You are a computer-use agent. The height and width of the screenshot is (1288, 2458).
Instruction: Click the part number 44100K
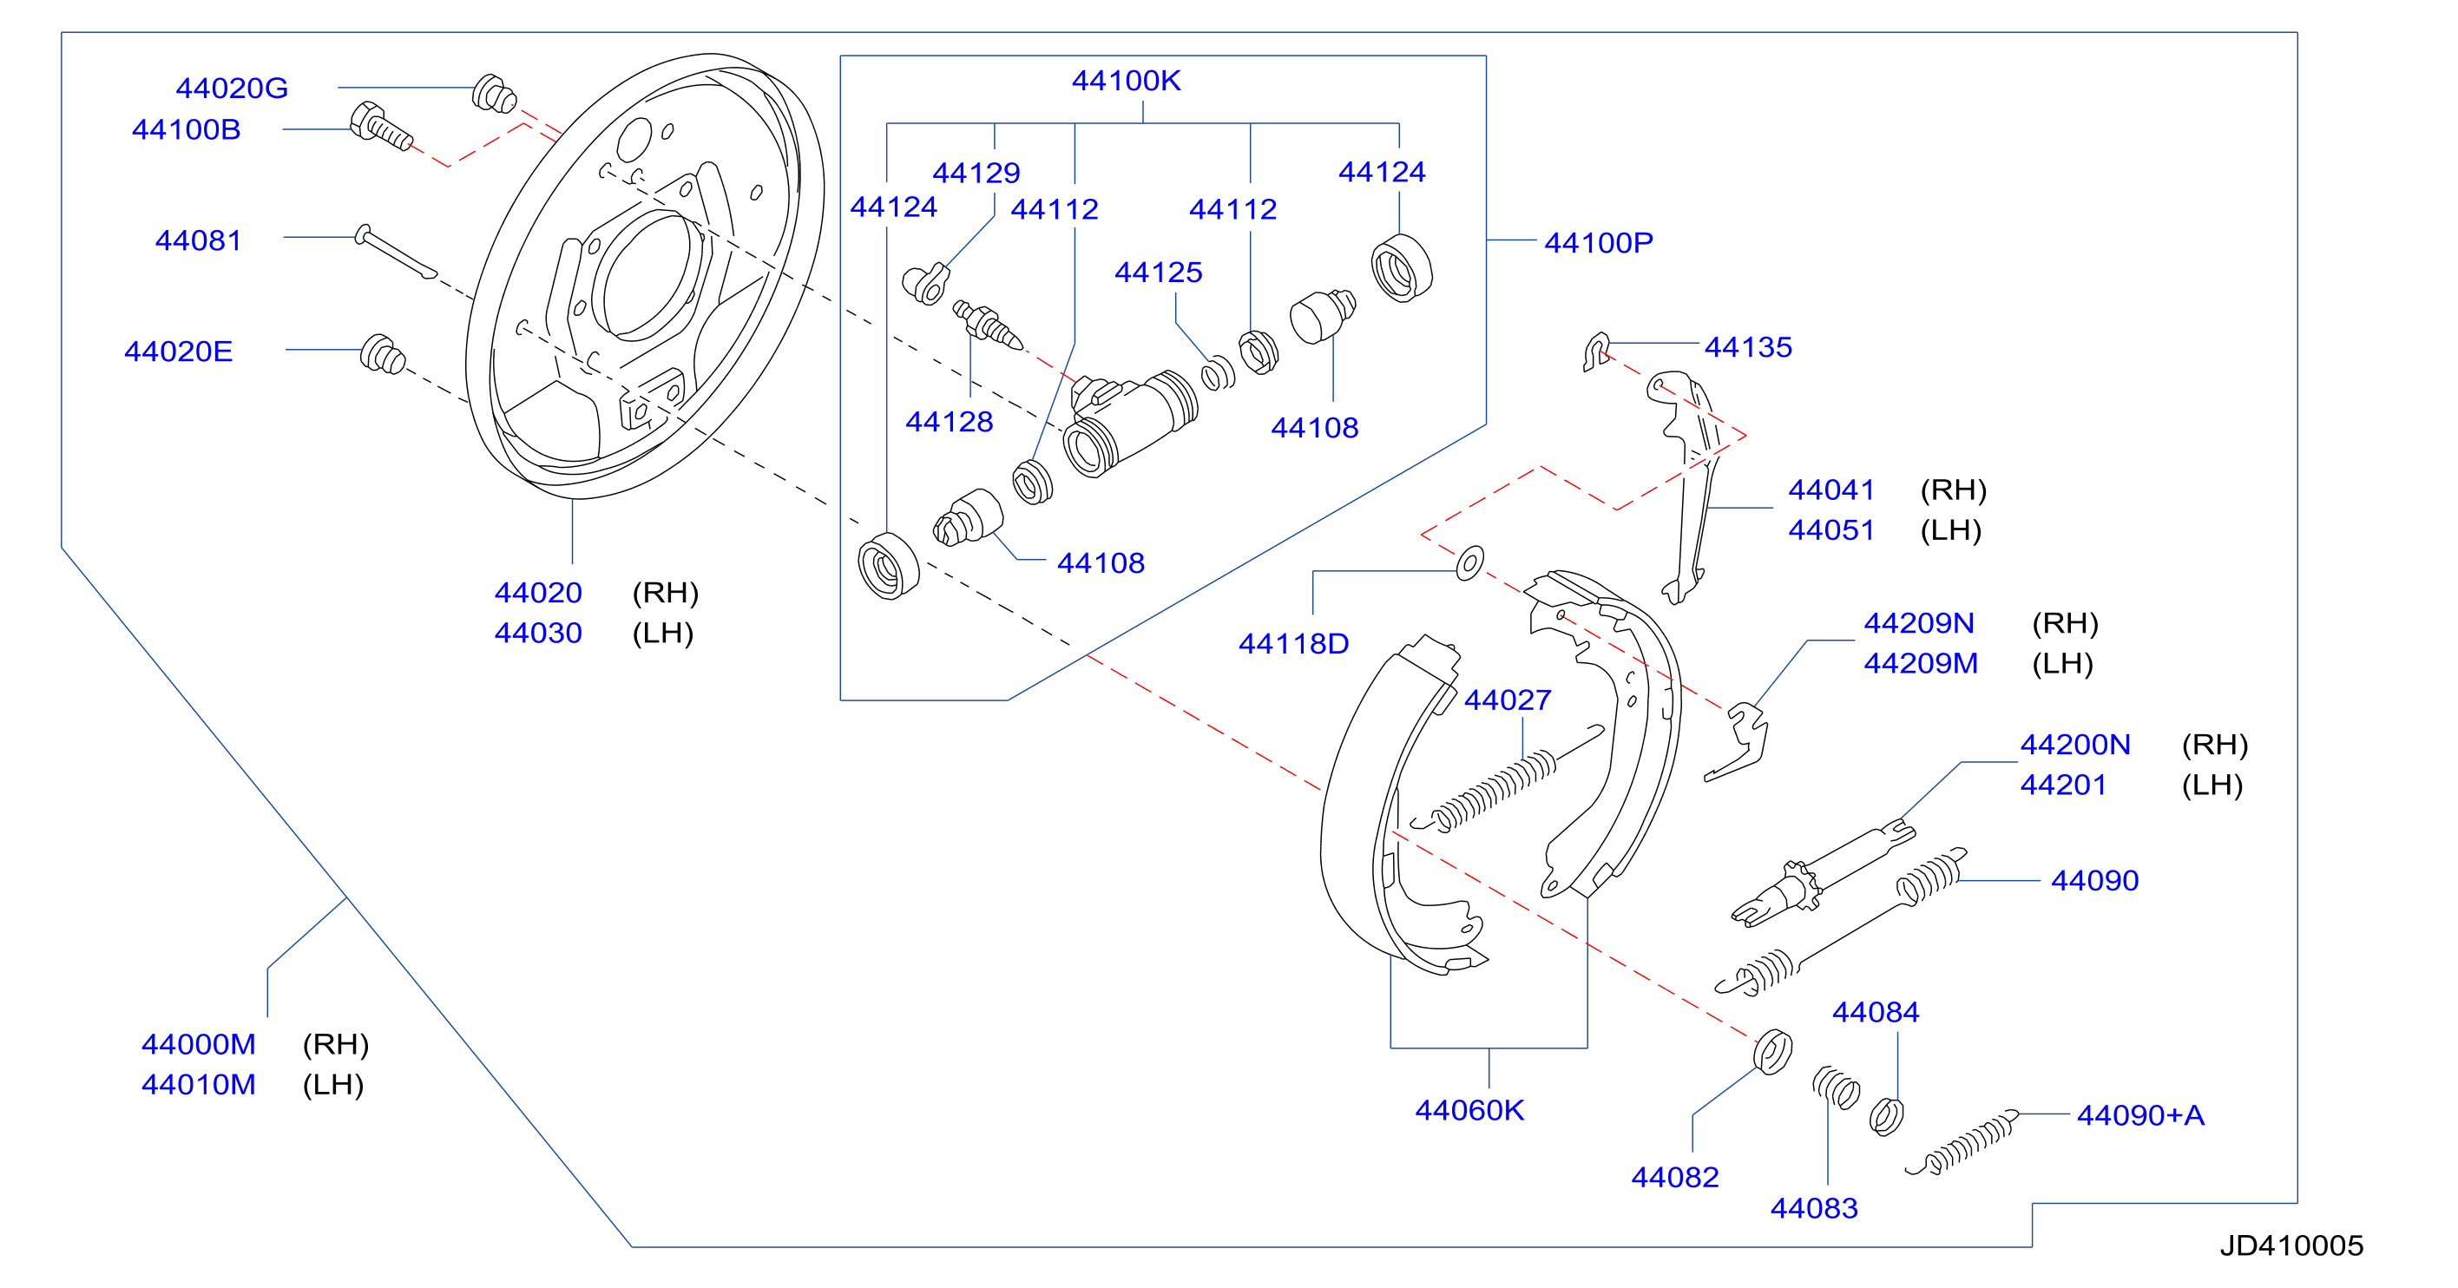(1126, 81)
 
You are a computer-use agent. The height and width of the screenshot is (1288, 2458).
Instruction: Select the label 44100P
(1598, 243)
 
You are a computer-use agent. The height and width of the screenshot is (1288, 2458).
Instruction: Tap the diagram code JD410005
(2291, 1245)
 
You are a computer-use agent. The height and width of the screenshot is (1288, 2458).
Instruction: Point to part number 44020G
(232, 89)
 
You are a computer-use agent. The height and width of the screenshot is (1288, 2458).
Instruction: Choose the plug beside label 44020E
(383, 354)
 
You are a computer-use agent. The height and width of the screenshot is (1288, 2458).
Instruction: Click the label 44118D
(1293, 644)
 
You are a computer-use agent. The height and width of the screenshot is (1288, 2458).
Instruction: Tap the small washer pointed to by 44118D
(1469, 563)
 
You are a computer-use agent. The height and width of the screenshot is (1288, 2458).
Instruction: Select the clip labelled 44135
(1595, 352)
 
